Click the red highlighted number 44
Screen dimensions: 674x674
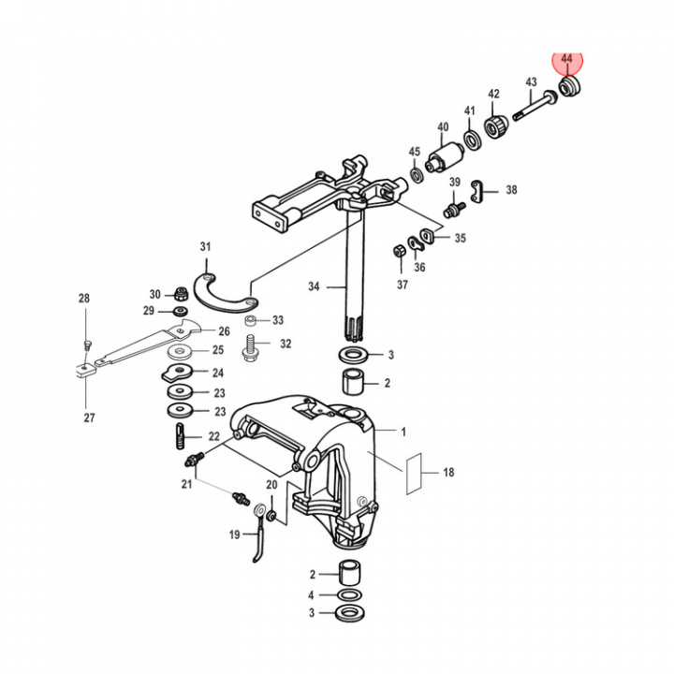[566, 59]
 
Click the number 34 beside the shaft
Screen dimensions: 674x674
[314, 285]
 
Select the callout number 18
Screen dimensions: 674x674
[448, 474]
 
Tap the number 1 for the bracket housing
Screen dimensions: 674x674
[403, 432]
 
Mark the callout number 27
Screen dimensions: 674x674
[89, 418]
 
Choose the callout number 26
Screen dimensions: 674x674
[224, 330]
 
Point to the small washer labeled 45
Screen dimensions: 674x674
[415, 175]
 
